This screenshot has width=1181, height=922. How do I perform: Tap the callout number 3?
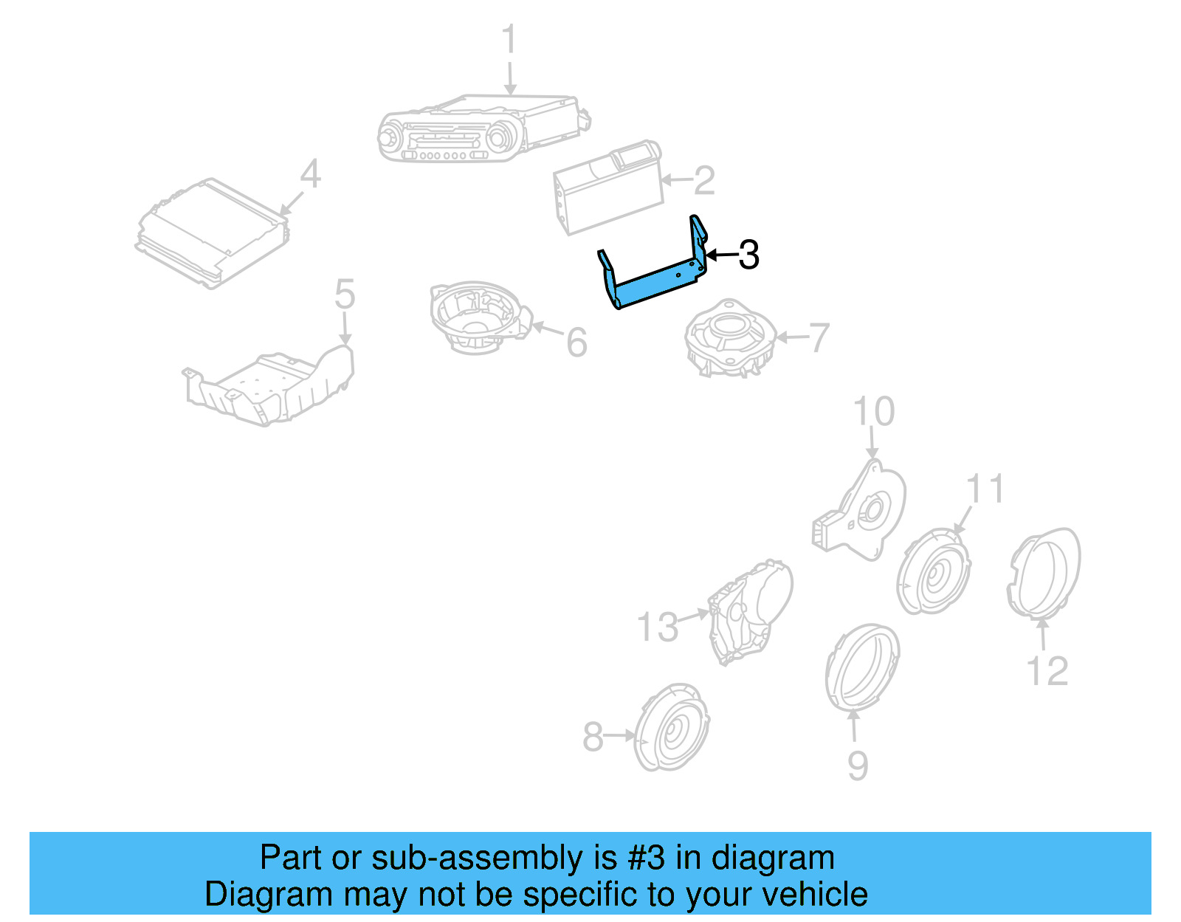[x=748, y=254]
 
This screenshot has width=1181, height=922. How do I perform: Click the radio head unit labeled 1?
[x=483, y=128]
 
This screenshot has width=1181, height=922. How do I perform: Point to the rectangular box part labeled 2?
[x=607, y=188]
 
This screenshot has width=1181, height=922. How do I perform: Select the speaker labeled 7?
[x=730, y=338]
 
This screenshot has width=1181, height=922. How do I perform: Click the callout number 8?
[x=593, y=737]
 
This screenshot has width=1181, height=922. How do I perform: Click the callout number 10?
[x=873, y=410]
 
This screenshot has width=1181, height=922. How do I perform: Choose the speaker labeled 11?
[x=933, y=571]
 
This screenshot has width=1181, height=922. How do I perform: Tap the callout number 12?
[x=1047, y=672]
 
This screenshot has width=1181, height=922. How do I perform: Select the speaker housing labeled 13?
[x=751, y=612]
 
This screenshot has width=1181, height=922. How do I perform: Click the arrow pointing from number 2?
[x=677, y=180]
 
